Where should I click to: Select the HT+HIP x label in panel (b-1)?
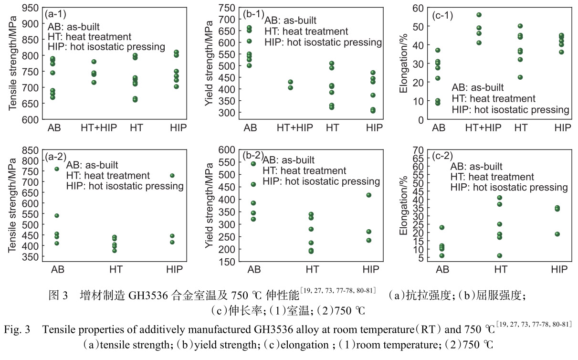click(295, 127)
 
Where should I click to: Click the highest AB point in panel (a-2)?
click(57, 169)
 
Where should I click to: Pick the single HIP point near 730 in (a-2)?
click(172, 176)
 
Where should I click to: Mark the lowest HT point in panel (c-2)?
click(499, 255)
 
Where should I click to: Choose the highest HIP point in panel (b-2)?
click(368, 195)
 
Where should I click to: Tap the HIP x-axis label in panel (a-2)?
click(175, 270)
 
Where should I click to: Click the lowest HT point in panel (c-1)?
click(520, 77)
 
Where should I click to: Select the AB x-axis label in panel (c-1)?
click(439, 127)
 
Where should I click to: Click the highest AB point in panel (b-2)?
click(253, 164)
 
